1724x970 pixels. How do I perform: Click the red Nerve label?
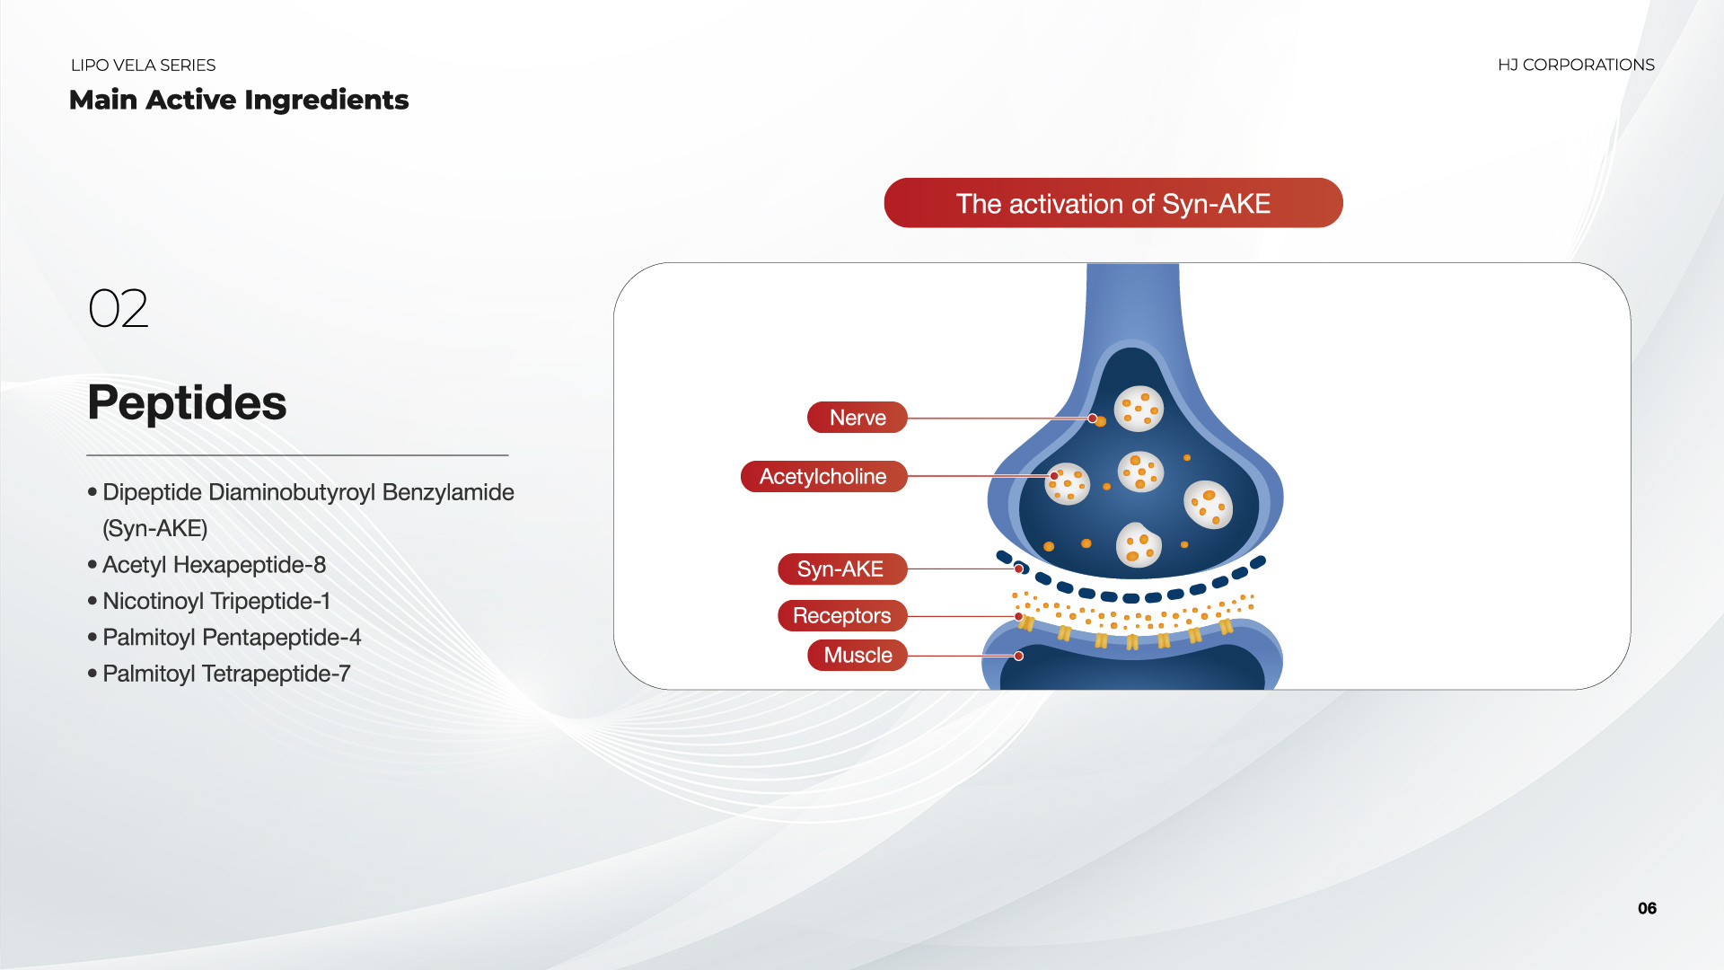(858, 418)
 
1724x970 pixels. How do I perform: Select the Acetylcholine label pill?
(823, 476)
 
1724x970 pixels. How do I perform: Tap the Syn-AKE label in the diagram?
(841, 569)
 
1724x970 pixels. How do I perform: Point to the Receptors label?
(842, 615)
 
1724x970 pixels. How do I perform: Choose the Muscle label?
(858, 655)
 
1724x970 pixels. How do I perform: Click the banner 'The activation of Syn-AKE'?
(1113, 203)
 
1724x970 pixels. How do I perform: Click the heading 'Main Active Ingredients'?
(239, 100)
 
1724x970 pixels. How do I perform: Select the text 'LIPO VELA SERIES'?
(144, 66)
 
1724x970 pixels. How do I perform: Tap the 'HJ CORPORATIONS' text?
(1576, 65)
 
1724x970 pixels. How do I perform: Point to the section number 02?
(119, 308)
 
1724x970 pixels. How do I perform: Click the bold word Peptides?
(187, 402)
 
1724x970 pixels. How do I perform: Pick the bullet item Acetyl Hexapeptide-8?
(214, 565)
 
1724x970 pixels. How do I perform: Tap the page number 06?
(1647, 908)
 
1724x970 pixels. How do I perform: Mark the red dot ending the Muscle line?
(1019, 656)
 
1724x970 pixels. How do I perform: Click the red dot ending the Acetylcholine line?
(1054, 476)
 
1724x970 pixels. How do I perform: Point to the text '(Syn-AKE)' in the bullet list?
(155, 528)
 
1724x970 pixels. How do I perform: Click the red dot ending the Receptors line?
(1019, 616)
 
